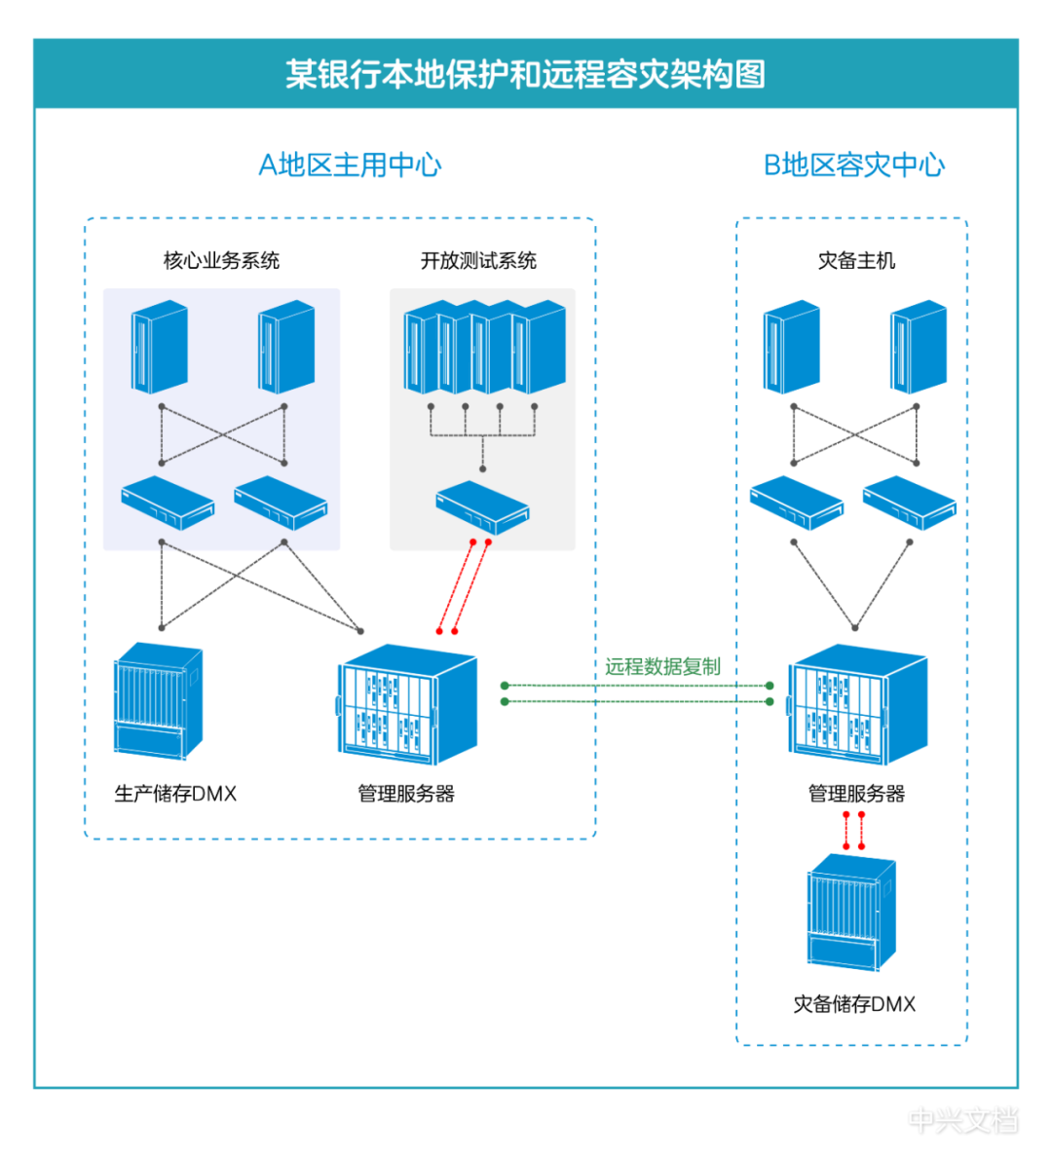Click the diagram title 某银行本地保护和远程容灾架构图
coord(525,75)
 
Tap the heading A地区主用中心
coord(349,166)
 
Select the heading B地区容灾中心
coord(853,166)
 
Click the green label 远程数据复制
coord(662,668)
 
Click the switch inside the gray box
coord(482,506)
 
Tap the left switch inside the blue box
coord(168,502)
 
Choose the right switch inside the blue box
coord(281,502)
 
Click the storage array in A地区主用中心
coord(407,703)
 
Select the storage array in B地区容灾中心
coord(857,703)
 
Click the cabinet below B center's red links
coord(851,913)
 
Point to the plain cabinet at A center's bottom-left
coord(158,700)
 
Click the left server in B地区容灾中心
coord(791,348)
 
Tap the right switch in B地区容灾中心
coord(909,503)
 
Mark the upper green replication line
coord(638,686)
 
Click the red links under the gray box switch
coord(464,584)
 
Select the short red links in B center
coord(853,830)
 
